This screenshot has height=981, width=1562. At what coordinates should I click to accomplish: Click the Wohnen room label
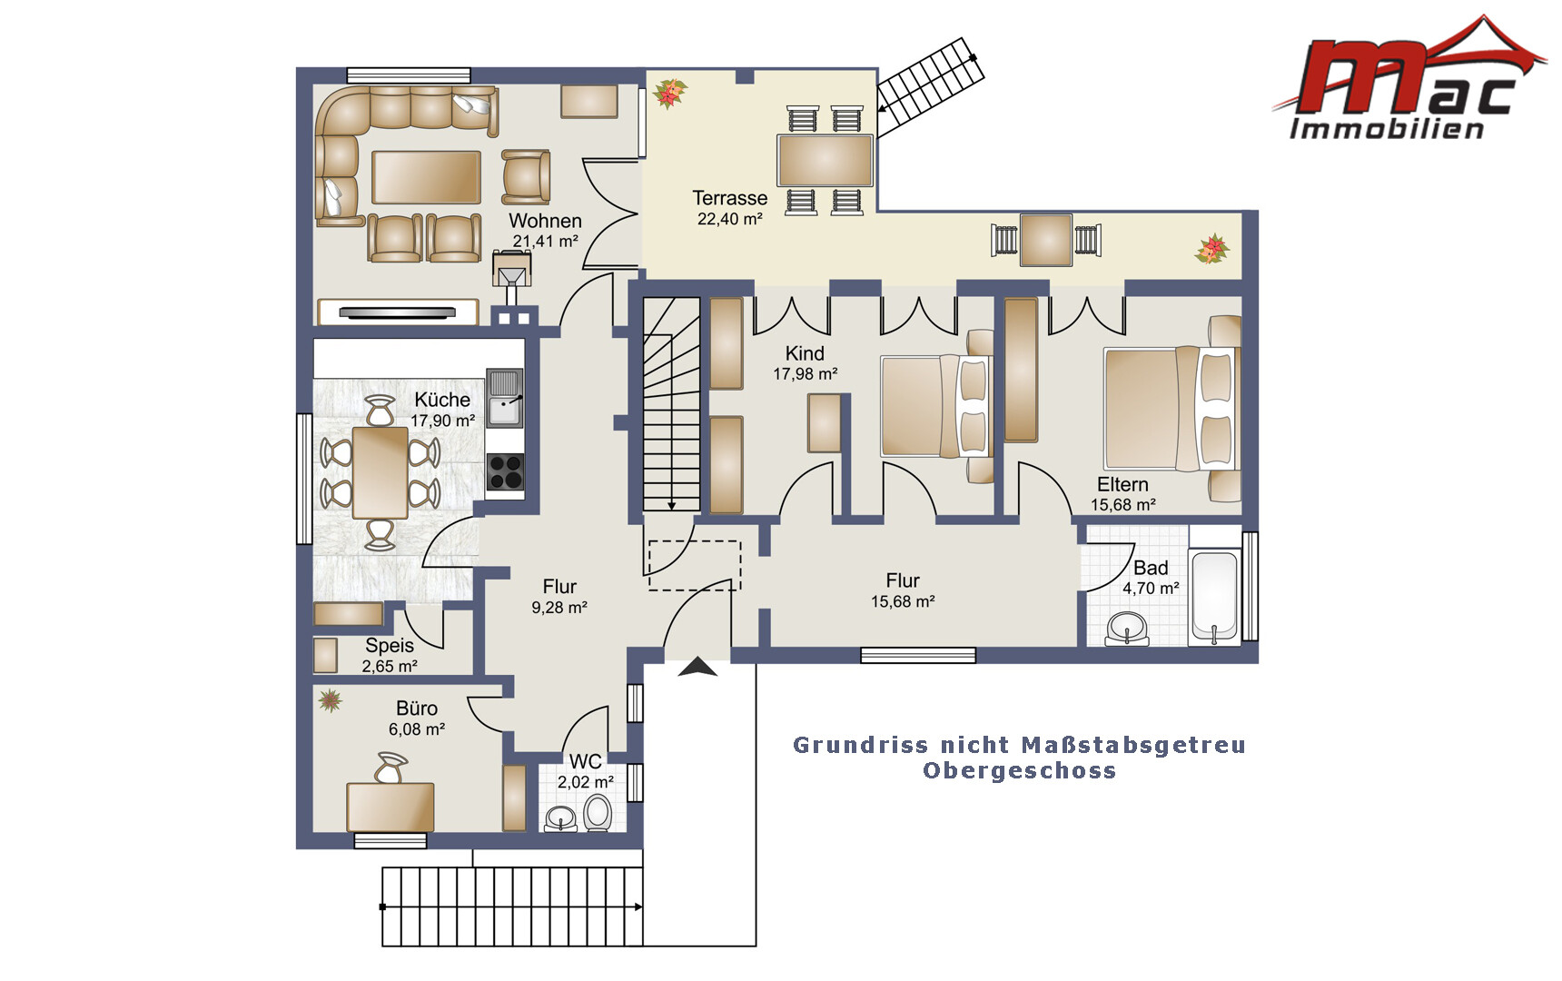click(545, 221)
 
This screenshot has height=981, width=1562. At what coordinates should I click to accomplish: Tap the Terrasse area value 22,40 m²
click(729, 219)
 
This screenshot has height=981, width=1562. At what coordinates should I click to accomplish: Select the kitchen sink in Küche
click(504, 398)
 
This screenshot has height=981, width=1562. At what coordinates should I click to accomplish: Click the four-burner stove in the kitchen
click(505, 471)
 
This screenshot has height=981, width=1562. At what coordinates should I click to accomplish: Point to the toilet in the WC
click(598, 812)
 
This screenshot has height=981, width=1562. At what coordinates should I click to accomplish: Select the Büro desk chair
click(391, 768)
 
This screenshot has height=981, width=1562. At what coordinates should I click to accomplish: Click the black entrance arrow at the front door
click(697, 668)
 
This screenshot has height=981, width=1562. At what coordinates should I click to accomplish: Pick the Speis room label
click(390, 646)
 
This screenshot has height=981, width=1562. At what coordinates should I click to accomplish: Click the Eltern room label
click(1122, 484)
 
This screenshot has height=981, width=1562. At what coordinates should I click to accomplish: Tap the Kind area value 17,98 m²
click(805, 374)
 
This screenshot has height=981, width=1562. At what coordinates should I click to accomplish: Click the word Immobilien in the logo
click(1387, 129)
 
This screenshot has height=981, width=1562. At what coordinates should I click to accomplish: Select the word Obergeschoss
click(1019, 770)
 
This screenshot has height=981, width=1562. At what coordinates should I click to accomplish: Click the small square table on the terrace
click(1046, 240)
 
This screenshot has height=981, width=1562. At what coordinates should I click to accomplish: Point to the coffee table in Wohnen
click(426, 177)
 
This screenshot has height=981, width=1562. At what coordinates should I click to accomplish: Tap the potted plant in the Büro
click(330, 699)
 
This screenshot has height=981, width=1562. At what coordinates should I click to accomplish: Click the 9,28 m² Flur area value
click(559, 608)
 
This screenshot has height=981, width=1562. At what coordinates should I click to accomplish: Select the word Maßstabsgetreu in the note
click(1133, 746)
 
